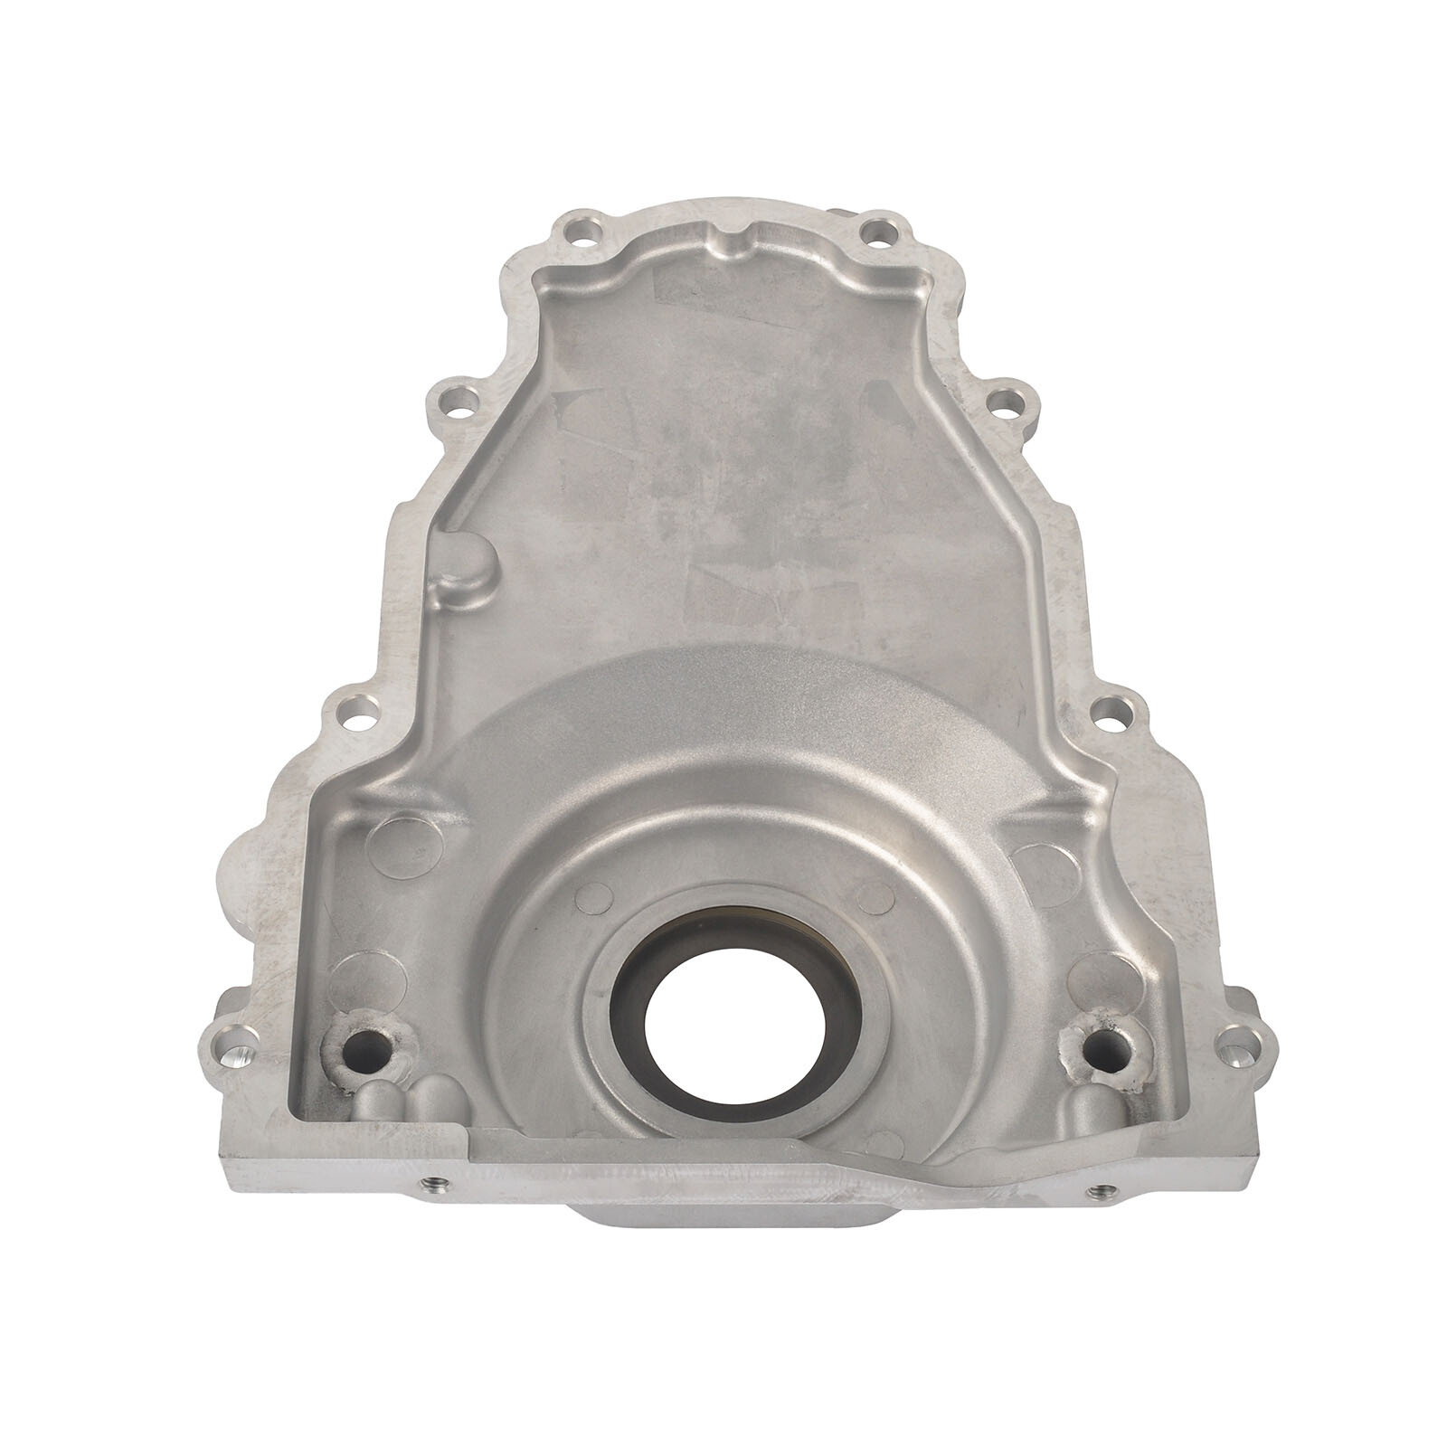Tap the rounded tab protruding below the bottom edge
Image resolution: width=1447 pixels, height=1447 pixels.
(x=728, y=1230)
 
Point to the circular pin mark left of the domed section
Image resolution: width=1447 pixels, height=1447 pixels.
(x=407, y=843)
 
